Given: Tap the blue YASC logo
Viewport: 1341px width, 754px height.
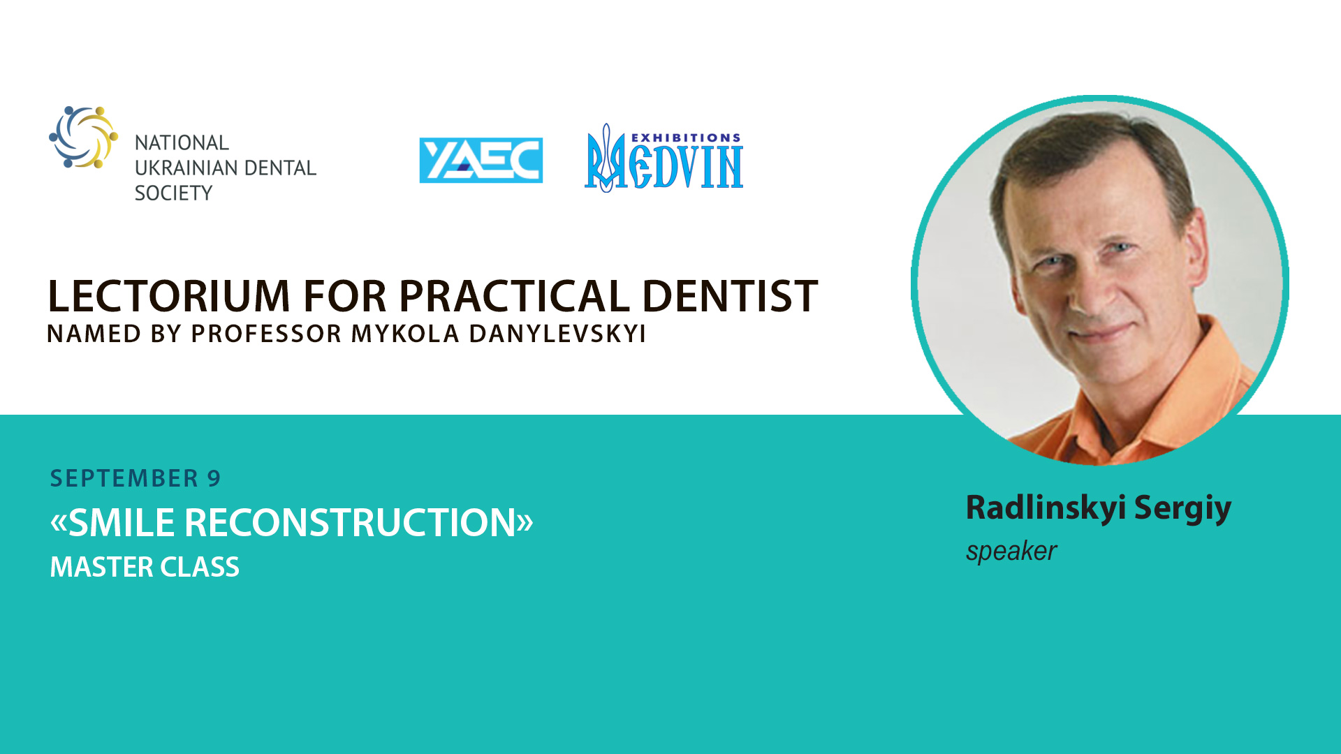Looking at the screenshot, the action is coord(481,160).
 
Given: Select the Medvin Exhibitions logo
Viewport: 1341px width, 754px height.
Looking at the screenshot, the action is coord(664,158).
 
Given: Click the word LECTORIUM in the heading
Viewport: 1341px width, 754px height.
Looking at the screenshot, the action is coord(169,295).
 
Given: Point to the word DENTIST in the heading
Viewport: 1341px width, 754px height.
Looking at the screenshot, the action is coord(730,295).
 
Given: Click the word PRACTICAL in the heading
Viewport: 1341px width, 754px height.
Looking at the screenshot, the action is coord(515,295).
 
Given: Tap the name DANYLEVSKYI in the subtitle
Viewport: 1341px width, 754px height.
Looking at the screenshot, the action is coord(557,334).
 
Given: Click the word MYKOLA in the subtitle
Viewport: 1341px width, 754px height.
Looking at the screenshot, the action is coord(405,334).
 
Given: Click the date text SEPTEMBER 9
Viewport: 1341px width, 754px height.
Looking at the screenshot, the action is coord(135,478).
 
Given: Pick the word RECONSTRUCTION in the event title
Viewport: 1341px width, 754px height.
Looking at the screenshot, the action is coord(350,522).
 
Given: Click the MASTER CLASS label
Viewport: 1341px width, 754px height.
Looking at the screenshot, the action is coord(145,567).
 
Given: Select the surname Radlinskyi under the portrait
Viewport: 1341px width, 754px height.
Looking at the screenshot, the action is coord(1046,508).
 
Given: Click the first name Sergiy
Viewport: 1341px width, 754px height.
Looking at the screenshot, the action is coord(1182,508).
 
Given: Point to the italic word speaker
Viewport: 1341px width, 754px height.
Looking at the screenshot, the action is coord(1011,552).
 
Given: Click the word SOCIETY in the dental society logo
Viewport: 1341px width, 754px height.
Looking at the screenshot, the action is coord(173,193).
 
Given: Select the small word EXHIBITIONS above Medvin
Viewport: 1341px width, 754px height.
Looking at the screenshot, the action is coord(686,138).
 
